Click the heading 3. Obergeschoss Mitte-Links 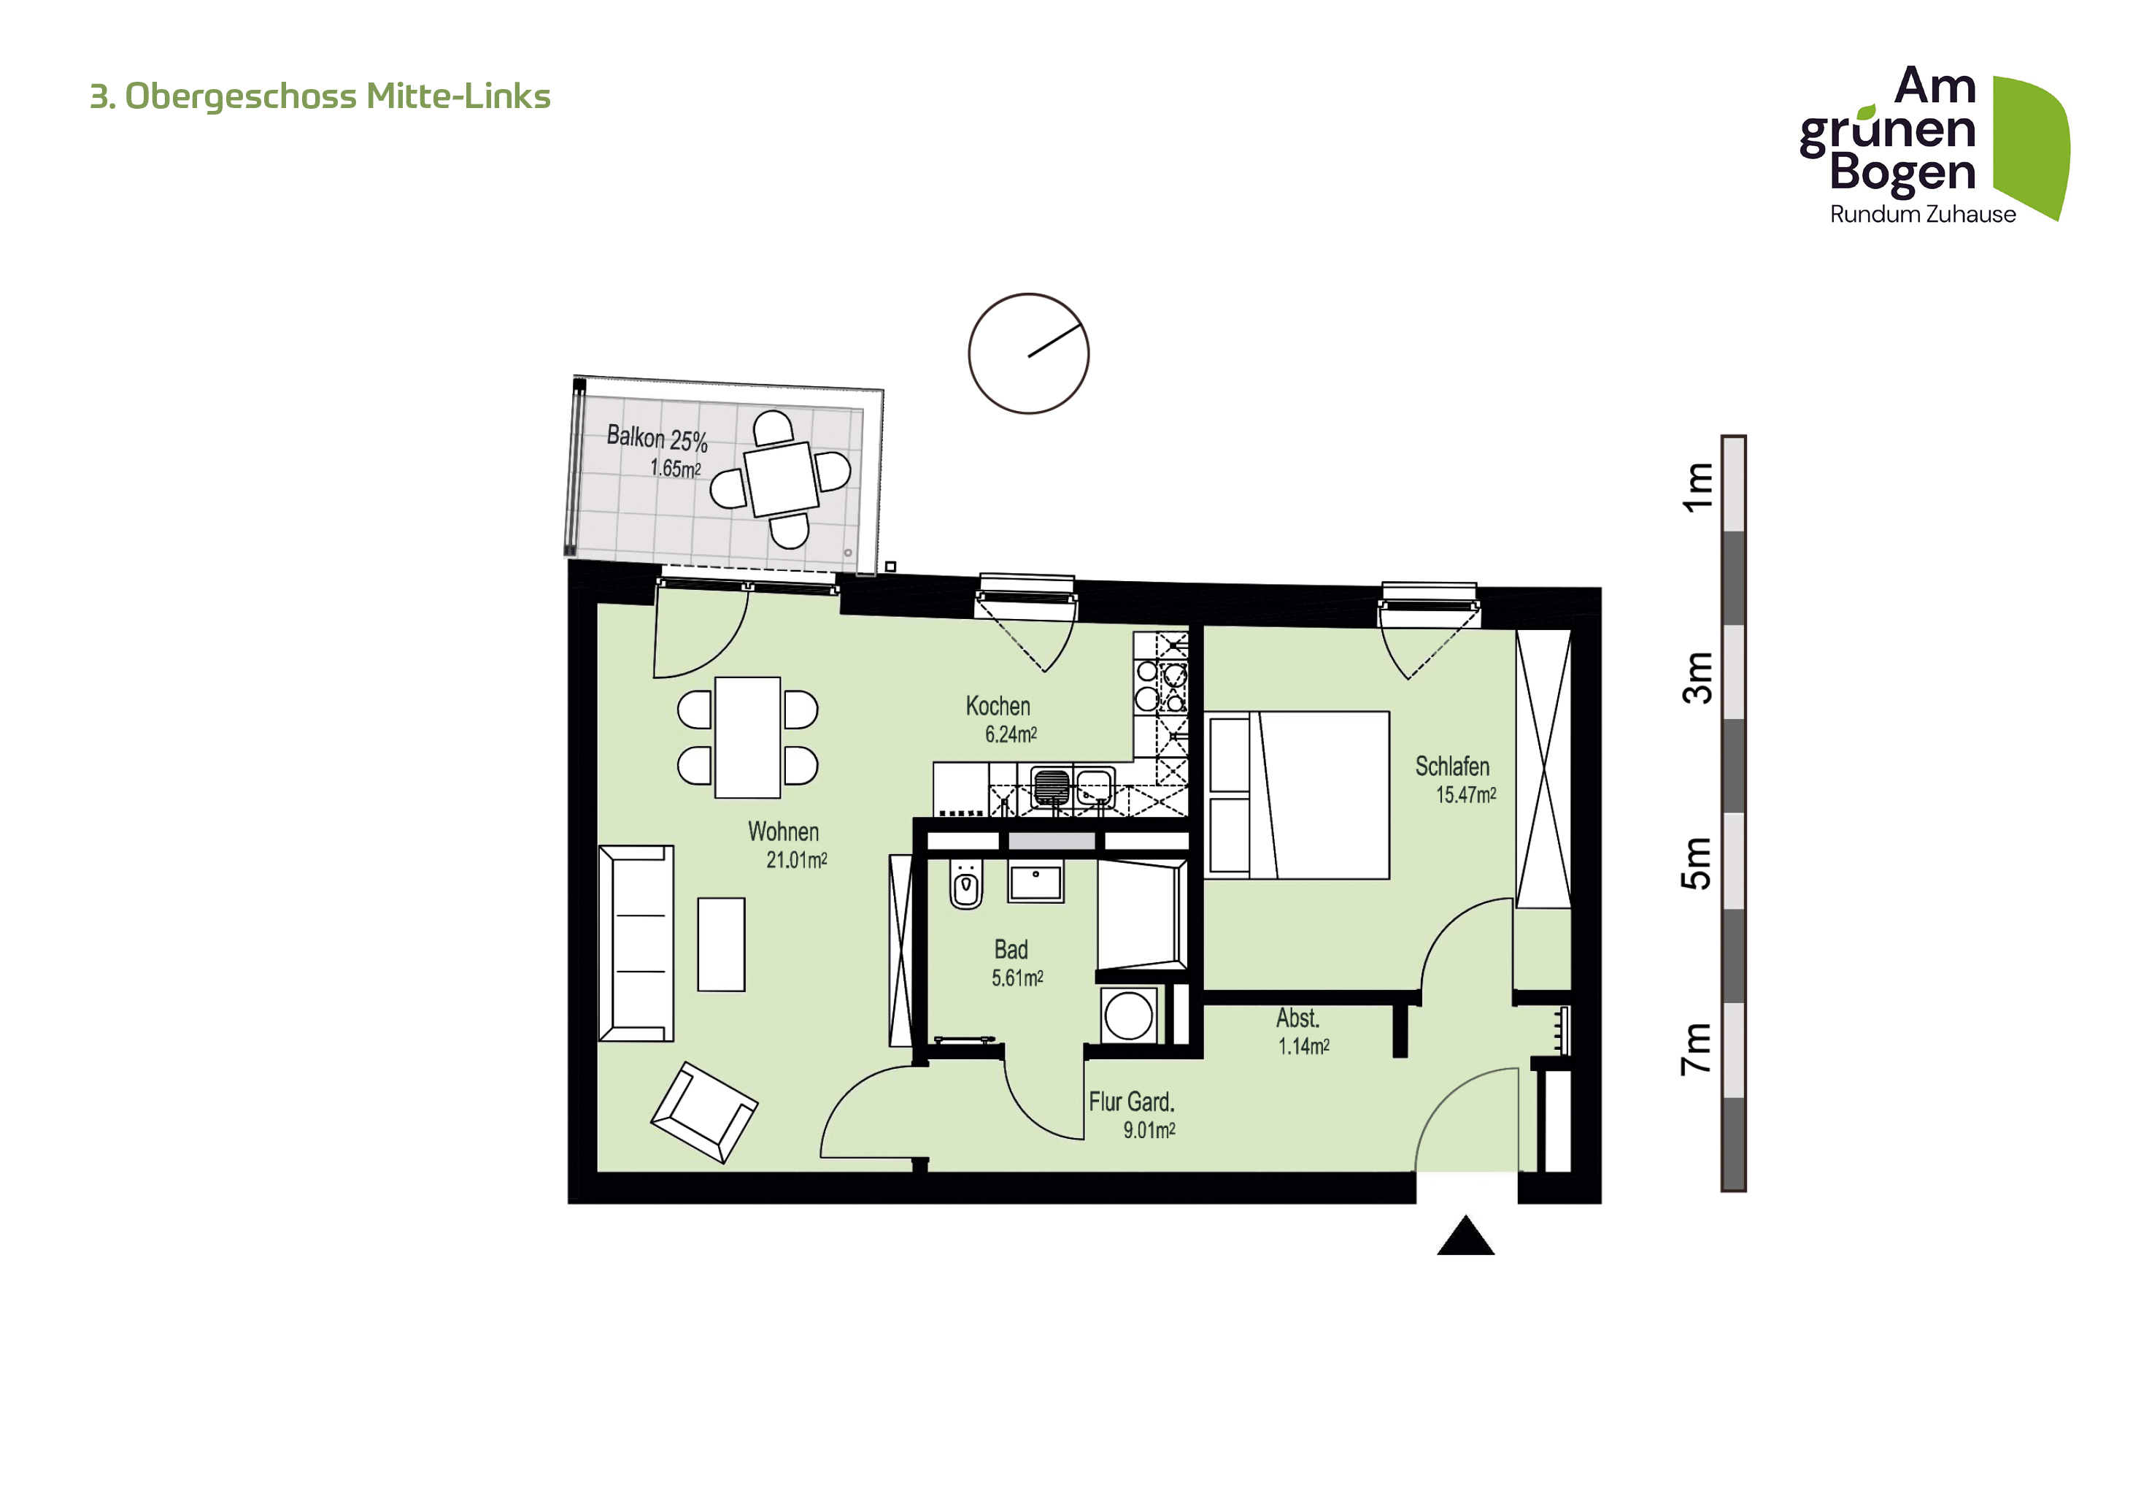[x=320, y=96]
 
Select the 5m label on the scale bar [x=1697, y=863]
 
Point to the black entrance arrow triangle [x=1465, y=1236]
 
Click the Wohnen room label [x=783, y=832]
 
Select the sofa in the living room [x=636, y=943]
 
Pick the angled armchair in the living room [x=704, y=1113]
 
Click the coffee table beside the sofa [x=721, y=944]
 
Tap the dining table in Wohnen [x=747, y=738]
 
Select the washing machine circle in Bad [x=1129, y=1015]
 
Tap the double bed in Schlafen [x=1297, y=796]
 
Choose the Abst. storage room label [x=1297, y=1018]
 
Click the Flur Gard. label [x=1132, y=1102]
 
